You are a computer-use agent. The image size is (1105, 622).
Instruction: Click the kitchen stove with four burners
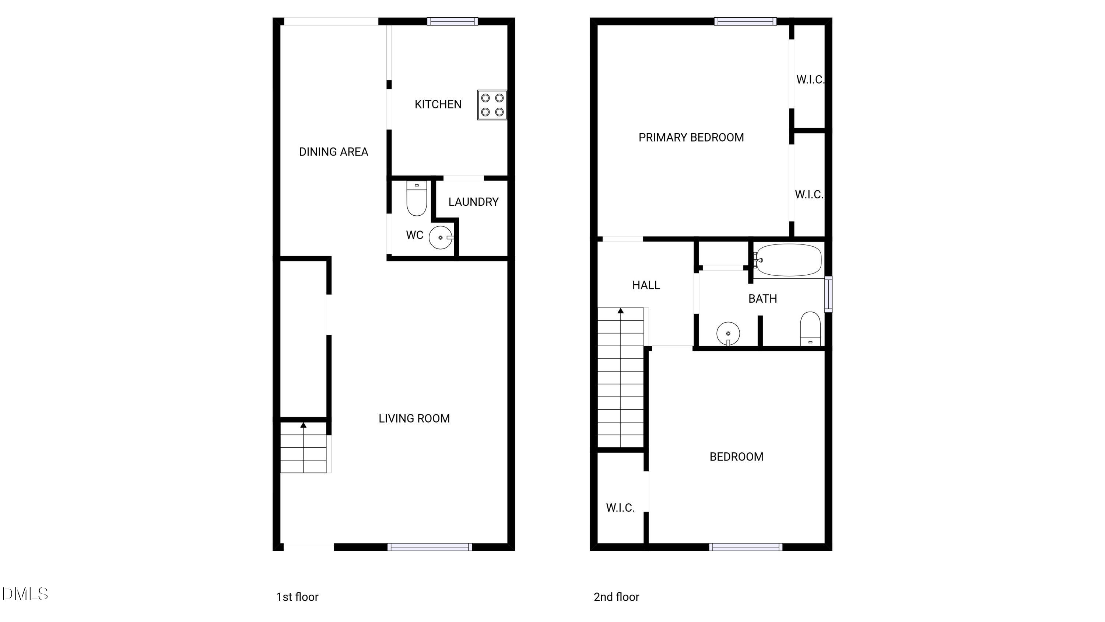coord(492,105)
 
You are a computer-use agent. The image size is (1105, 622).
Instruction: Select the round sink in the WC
coord(441,237)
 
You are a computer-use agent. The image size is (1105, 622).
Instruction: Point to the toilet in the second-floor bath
coord(810,329)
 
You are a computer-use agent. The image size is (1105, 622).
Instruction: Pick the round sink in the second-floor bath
coord(728,333)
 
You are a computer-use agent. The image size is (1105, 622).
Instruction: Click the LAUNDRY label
coord(473,202)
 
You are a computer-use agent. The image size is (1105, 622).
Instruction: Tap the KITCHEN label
coord(438,104)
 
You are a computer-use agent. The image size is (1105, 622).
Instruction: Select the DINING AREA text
coord(333,152)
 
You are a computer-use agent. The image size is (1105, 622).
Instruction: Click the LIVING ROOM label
coord(414,418)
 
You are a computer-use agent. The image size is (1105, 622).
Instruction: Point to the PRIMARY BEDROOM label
coord(691,138)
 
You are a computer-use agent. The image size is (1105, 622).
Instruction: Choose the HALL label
coord(646,285)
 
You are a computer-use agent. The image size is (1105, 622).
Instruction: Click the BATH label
coord(762,299)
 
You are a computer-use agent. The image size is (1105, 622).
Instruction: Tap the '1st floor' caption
coord(297,597)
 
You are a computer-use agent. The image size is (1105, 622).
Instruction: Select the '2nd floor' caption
coord(617,597)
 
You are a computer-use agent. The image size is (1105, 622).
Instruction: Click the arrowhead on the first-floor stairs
coord(303,425)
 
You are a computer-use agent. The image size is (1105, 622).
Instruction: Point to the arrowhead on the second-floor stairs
coord(621,310)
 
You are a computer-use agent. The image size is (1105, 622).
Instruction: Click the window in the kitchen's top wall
coord(452,21)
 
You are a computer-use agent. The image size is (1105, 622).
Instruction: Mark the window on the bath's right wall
coord(829,294)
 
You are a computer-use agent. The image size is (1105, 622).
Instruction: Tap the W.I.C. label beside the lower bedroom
coord(620,508)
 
